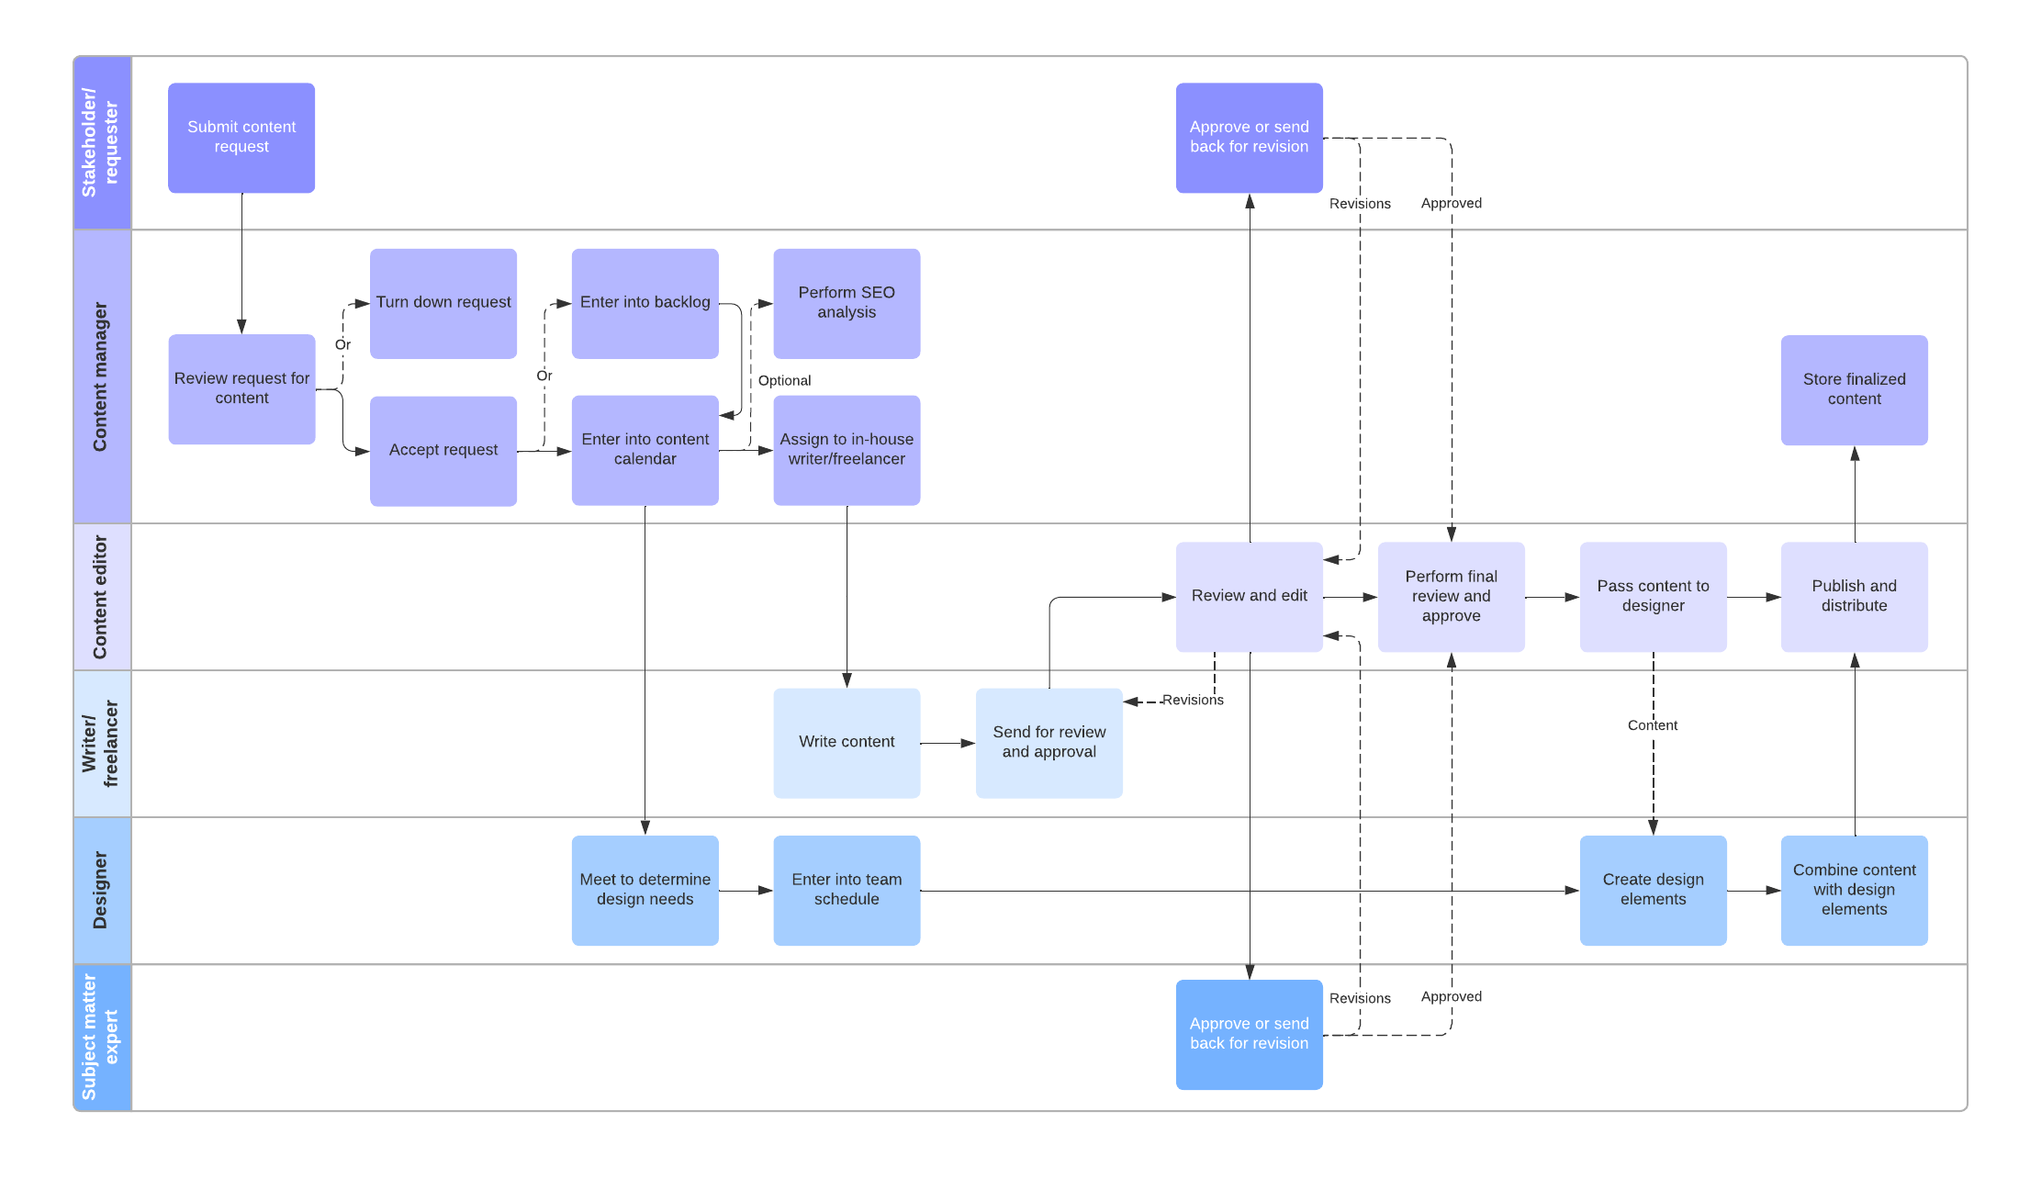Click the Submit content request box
pos(241,138)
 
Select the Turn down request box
pos(443,303)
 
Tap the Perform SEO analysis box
pos(846,303)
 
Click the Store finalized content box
pos(1853,389)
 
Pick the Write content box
pos(846,742)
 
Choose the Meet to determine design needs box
pos(645,889)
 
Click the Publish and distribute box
pos(1853,596)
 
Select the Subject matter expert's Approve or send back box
pos(1249,1034)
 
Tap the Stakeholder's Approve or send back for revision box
pos(1249,138)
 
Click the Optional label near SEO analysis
pos(784,380)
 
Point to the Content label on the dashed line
pos(1652,725)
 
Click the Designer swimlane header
pos(102,890)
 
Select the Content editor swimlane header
pos(102,597)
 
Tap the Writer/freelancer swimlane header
pos(102,743)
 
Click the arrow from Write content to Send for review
pos(947,743)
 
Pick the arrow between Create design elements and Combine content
pos(1753,890)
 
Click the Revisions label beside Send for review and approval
pos(1192,700)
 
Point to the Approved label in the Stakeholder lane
pos(1451,203)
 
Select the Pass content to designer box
pos(1652,596)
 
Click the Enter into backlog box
pos(645,303)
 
